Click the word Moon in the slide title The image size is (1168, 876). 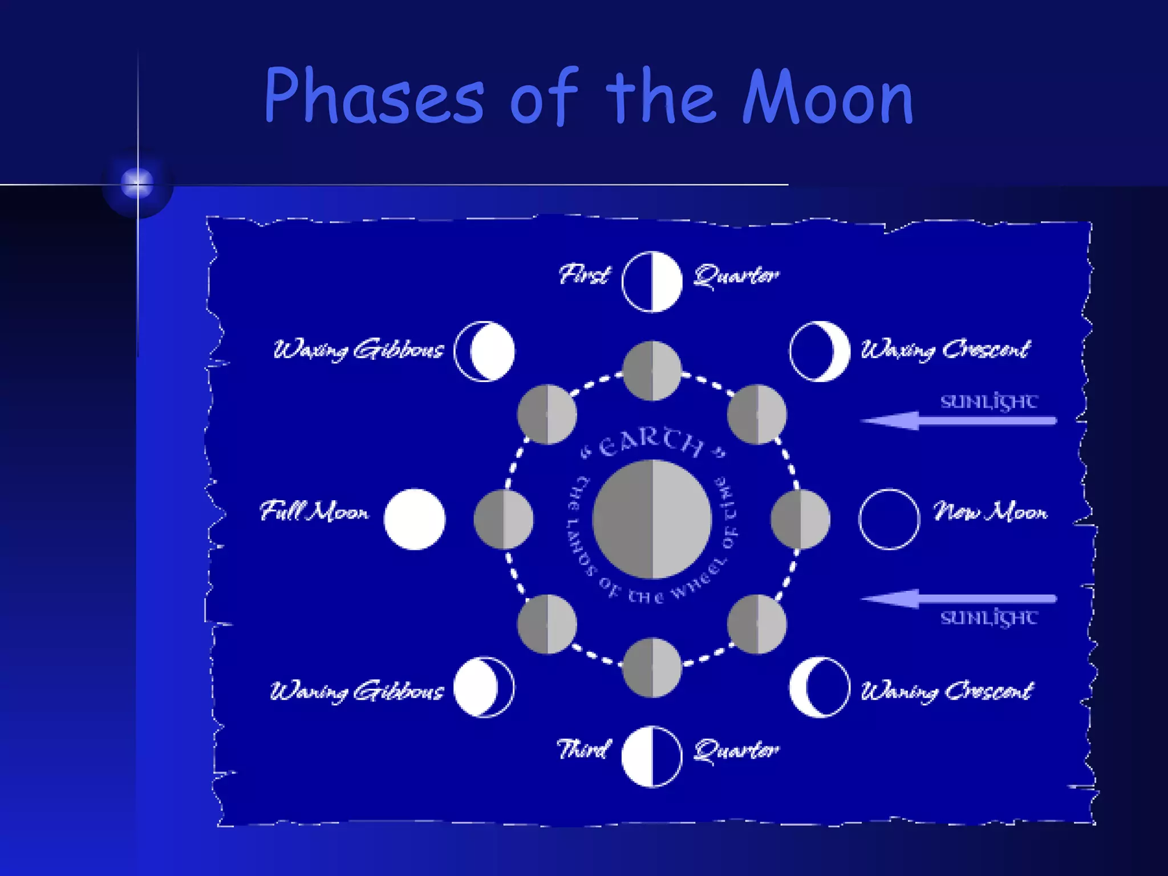point(828,97)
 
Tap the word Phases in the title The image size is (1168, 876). point(374,97)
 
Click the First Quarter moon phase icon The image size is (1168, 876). point(652,282)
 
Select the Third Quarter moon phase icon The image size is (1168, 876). point(652,756)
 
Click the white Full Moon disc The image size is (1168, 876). point(415,519)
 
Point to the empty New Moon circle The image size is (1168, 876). point(889,519)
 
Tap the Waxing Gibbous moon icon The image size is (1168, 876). point(485,351)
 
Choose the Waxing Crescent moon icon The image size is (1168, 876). point(820,351)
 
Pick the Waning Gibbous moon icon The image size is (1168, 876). point(484,687)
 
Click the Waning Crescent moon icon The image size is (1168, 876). point(820,687)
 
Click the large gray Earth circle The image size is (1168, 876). point(652,519)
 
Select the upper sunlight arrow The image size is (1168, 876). point(958,421)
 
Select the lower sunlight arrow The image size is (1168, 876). point(958,599)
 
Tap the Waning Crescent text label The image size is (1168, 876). point(947,691)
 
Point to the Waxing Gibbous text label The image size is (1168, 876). point(358,350)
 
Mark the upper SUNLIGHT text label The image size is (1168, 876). point(989,401)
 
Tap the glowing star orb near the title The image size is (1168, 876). point(137,184)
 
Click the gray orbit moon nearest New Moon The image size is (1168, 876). point(800,519)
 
